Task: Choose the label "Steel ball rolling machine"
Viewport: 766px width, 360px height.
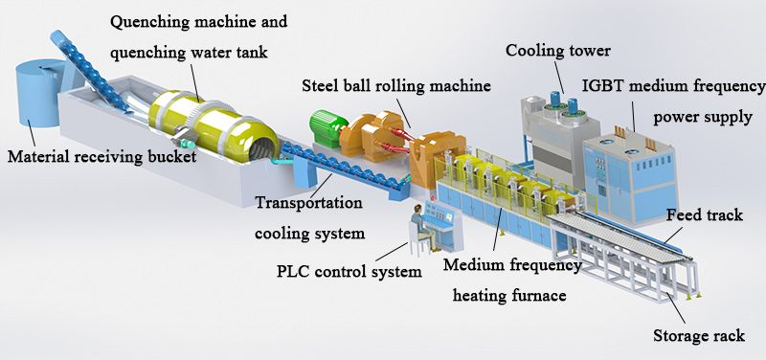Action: tap(396, 85)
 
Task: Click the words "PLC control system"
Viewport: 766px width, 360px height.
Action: tap(343, 272)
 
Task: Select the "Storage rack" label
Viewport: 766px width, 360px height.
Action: tap(698, 335)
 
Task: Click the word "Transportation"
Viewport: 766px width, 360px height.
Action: tap(308, 203)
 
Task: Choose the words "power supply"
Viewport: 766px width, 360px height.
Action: tap(704, 119)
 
